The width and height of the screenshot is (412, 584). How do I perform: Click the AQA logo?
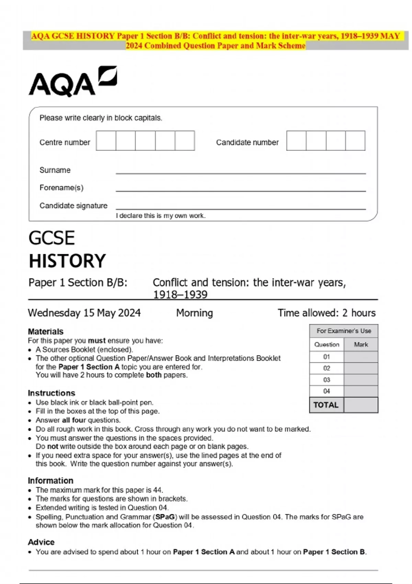pyautogui.click(x=72, y=81)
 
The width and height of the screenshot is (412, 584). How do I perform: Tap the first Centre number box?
pyautogui.click(x=106, y=141)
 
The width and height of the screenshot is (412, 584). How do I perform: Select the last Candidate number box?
pyautogui.click(x=355, y=141)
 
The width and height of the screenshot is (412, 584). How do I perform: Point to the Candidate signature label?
pyautogui.click(x=73, y=205)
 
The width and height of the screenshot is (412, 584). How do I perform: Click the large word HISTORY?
pyautogui.click(x=67, y=261)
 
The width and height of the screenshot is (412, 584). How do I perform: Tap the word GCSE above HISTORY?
pyautogui.click(x=51, y=238)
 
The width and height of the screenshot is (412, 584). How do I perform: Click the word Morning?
pyautogui.click(x=194, y=313)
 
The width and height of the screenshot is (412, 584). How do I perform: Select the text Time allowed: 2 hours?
pyautogui.click(x=327, y=313)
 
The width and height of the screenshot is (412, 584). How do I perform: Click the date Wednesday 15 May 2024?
pyautogui.click(x=84, y=313)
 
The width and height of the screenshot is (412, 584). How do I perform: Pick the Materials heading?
pyautogui.click(x=46, y=332)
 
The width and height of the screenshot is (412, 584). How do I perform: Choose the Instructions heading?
pyautogui.click(x=51, y=393)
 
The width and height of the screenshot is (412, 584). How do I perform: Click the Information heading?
pyautogui.click(x=50, y=481)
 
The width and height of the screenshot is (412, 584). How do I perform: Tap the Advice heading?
pyautogui.click(x=41, y=542)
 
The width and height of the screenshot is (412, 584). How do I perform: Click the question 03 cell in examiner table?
pyautogui.click(x=327, y=380)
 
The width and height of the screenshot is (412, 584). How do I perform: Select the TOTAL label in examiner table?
pyautogui.click(x=326, y=405)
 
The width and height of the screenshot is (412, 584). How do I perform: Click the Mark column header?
pyautogui.click(x=361, y=344)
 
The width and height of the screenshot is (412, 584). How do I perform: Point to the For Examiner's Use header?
pyautogui.click(x=344, y=331)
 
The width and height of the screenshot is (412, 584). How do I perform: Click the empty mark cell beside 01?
pyautogui.click(x=361, y=357)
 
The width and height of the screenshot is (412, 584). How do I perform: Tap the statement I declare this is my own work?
pyautogui.click(x=161, y=216)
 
